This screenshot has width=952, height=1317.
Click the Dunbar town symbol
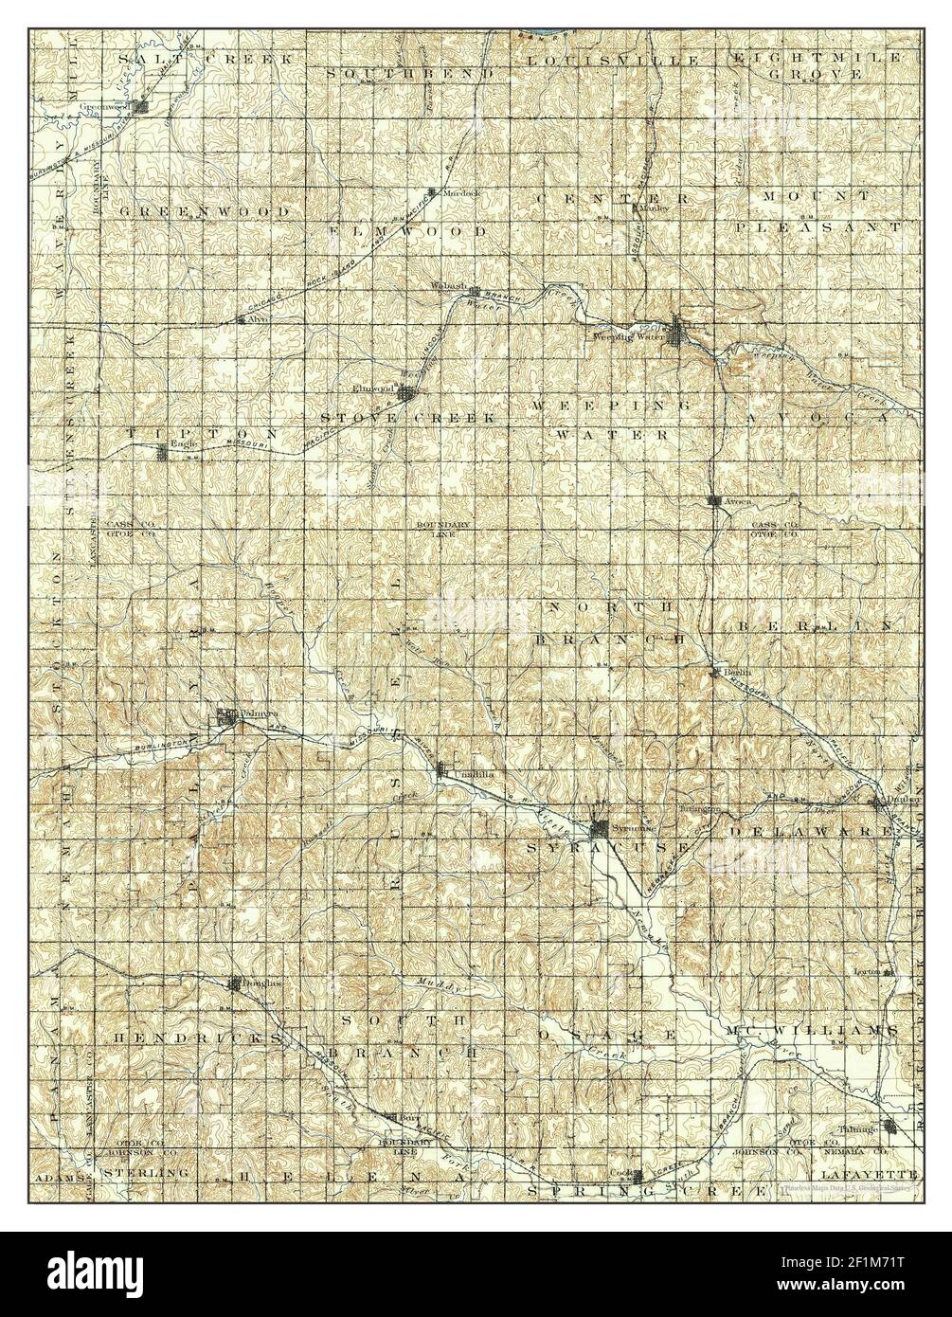(877, 802)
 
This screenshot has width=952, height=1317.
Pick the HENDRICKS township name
(197, 1038)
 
